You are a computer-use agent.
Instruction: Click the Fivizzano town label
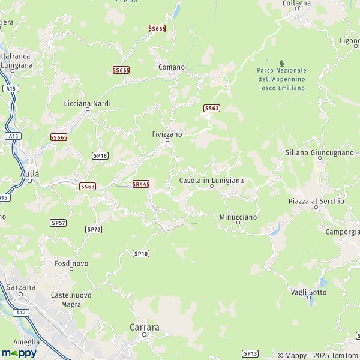[x=167, y=134]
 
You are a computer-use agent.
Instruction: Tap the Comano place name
[x=172, y=67]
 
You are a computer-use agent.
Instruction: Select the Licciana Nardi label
[x=88, y=103]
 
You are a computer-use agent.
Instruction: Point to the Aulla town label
[x=29, y=173]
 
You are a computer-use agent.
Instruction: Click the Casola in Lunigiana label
[x=211, y=180]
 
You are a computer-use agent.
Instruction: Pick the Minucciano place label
[x=238, y=216]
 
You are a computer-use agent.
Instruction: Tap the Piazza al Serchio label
[x=316, y=202]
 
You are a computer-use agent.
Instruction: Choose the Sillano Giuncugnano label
[x=319, y=152]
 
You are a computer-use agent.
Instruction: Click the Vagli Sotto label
[x=308, y=292]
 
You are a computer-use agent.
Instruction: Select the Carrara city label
[x=145, y=328]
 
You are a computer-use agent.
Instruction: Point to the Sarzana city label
[x=20, y=287]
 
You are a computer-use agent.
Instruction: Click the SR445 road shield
[x=140, y=184]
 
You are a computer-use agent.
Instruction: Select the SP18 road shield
[x=100, y=155]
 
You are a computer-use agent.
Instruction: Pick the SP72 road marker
[x=94, y=229]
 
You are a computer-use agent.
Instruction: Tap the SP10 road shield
[x=140, y=254]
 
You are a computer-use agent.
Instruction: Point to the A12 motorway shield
[x=22, y=313]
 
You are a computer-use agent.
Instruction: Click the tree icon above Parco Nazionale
[x=281, y=63]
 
